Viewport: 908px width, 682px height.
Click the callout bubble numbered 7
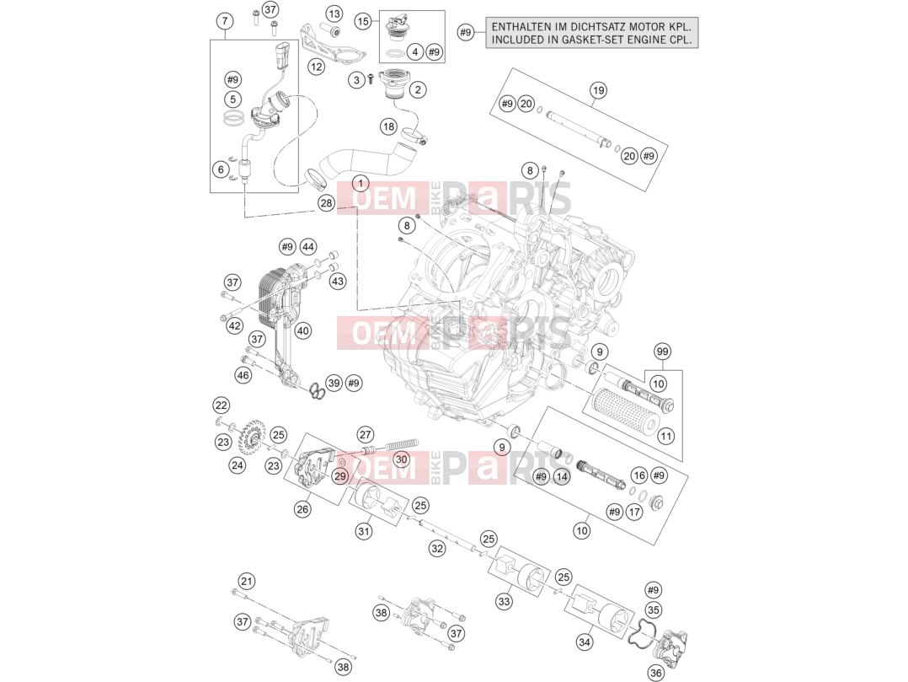pos(225,21)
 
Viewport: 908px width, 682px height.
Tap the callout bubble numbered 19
pos(598,90)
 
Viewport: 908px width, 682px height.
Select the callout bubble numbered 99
pos(662,352)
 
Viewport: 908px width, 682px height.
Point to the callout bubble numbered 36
pos(656,672)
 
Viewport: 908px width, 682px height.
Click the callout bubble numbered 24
pos(238,465)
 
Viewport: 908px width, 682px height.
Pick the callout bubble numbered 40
pos(303,330)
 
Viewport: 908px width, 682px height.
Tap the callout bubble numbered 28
pos(327,203)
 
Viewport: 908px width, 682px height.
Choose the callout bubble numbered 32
pos(436,548)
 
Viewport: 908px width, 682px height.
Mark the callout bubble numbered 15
pos(363,22)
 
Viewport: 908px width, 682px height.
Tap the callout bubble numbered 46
pos(243,375)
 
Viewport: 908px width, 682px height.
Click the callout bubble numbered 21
pos(247,581)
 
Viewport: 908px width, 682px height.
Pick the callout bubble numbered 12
pos(316,67)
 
